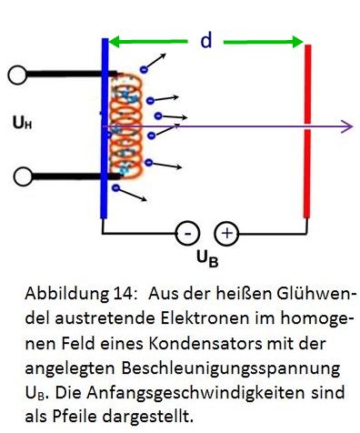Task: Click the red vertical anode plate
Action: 308,127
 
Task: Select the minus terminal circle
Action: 186,234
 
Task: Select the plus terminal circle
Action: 226,234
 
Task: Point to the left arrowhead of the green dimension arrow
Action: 116,41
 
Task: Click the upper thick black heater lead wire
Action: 64,76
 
